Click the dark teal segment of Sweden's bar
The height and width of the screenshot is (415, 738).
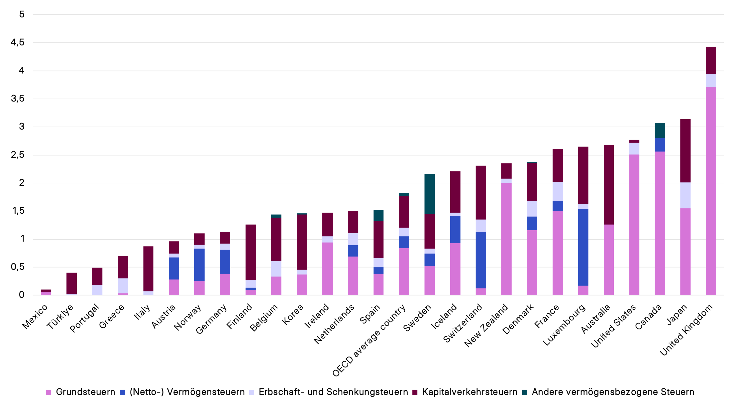coord(430,194)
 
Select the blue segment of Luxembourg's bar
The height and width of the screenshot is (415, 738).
coord(583,247)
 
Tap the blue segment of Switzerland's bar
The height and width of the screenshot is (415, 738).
coord(481,260)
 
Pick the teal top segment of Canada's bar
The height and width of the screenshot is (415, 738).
coord(660,130)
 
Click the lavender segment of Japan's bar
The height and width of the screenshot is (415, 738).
coord(685,195)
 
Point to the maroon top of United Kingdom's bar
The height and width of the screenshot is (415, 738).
coord(711,60)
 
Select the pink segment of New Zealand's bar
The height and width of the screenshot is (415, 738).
coord(506,239)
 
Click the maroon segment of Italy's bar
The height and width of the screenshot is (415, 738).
coord(148,269)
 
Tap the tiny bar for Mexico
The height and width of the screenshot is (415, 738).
coord(46,292)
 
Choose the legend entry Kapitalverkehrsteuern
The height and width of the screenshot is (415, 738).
coord(469,392)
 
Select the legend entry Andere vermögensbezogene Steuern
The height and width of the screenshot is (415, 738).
coord(613,392)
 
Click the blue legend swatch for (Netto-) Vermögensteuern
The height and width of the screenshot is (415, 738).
coord(122,392)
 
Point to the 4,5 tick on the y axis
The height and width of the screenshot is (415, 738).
coord(18,43)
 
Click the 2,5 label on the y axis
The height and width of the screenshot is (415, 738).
coord(18,155)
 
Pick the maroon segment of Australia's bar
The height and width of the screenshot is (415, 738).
coord(609,184)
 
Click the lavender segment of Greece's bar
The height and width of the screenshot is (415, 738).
coord(123,285)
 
